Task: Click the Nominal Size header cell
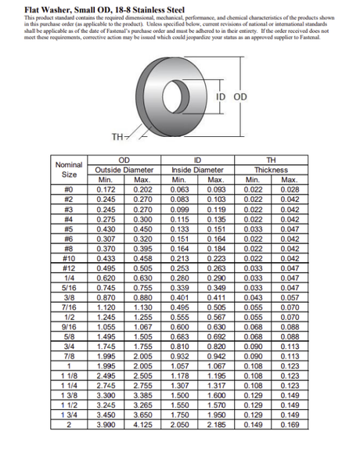[x=69, y=170]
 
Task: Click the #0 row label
[x=69, y=189]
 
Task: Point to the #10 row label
[x=69, y=257]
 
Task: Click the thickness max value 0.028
[x=290, y=189]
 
